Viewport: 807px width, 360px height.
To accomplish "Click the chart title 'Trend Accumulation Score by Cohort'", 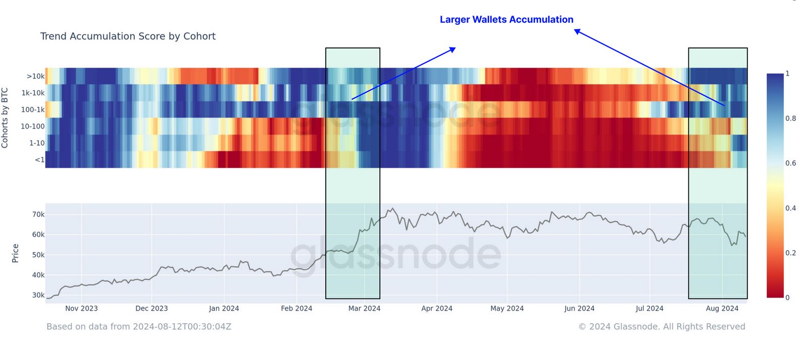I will pos(128,36).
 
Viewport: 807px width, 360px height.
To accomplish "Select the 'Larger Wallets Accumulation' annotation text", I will pos(506,20).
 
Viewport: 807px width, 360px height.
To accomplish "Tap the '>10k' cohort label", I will pos(35,76).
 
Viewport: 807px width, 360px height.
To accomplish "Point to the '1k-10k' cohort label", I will pos(33,93).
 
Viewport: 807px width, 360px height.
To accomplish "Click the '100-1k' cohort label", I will pos(33,109).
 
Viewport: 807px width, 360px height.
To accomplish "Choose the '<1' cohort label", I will pos(39,160).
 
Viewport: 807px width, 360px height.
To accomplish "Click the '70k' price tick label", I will pos(38,214).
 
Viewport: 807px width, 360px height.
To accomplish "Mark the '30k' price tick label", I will pos(38,295).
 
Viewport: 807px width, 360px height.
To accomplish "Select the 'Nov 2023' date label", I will pos(81,309).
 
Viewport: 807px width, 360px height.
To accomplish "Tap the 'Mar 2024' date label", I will pos(364,309).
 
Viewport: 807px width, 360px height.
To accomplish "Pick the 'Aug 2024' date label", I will pos(722,309).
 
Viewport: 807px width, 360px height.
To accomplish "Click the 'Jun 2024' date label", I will pos(579,309).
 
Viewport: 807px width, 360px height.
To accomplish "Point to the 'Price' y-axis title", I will pos(15,253).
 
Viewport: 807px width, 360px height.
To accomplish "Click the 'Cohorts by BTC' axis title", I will pos(5,118).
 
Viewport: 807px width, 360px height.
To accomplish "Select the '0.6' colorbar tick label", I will pos(790,163).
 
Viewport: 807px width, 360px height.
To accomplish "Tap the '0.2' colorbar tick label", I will pos(790,253).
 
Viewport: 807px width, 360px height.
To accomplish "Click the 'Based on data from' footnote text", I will pos(139,327).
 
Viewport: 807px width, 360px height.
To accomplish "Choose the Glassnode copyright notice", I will pos(661,327).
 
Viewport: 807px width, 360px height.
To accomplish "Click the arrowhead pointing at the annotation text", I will pos(577,31).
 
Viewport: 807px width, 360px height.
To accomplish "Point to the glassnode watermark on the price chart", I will pos(395,254).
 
